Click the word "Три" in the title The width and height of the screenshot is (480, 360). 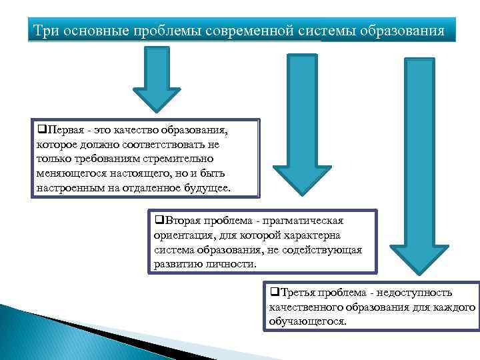tap(47, 31)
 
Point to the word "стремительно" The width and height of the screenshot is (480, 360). tap(179, 159)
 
